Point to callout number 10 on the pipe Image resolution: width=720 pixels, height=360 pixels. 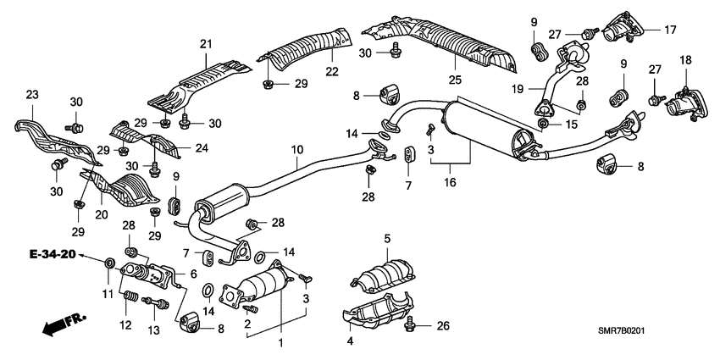pos(296,151)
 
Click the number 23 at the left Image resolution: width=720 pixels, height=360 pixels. pos(32,95)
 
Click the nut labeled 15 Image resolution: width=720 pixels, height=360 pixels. pos(542,125)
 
